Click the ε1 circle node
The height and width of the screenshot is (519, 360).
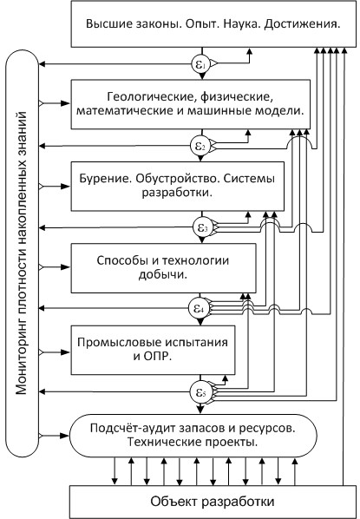click(201, 63)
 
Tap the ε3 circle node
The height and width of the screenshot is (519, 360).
click(201, 227)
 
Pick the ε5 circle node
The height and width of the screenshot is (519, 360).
click(200, 392)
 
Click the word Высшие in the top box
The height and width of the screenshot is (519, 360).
click(106, 24)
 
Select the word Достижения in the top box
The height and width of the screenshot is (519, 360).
click(302, 25)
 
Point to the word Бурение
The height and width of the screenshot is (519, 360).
click(103, 179)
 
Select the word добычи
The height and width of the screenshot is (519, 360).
click(163, 275)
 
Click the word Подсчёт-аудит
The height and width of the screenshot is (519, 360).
click(133, 428)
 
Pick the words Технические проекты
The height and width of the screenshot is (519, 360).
click(193, 443)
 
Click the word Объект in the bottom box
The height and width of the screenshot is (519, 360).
click(173, 501)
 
